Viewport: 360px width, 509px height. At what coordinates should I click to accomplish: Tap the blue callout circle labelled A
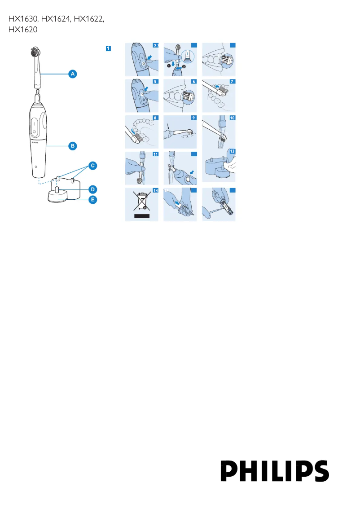click(x=72, y=73)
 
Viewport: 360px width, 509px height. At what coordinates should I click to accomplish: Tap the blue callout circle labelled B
click(x=72, y=145)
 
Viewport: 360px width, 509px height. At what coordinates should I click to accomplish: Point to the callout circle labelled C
click(x=92, y=166)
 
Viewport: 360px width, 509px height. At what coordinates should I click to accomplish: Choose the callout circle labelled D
click(x=92, y=189)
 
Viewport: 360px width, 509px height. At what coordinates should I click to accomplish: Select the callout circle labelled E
click(x=92, y=200)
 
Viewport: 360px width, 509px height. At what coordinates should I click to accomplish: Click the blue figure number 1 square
click(x=108, y=48)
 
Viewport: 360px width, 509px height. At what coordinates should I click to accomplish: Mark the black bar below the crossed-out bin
click(x=141, y=216)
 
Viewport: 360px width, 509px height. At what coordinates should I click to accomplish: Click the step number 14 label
click(x=155, y=190)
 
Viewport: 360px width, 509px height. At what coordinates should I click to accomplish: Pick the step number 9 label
click(x=193, y=118)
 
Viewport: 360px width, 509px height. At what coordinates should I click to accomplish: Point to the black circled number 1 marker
click(x=169, y=65)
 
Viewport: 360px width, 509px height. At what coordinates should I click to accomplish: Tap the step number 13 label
click(x=232, y=152)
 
